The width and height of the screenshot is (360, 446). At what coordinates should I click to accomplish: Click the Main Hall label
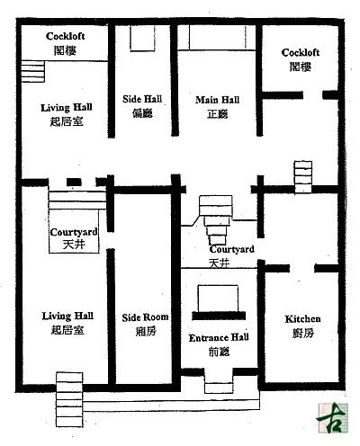pyautogui.click(x=218, y=100)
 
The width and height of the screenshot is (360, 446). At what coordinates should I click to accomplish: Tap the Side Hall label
pyautogui.click(x=142, y=99)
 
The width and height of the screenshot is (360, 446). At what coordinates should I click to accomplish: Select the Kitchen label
pyautogui.click(x=302, y=319)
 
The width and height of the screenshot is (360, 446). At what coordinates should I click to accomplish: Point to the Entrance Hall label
pyautogui.click(x=219, y=338)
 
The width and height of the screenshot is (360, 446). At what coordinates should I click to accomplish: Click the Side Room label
pyautogui.click(x=145, y=317)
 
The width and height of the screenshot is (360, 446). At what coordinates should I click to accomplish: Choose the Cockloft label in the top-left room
pyautogui.click(x=65, y=36)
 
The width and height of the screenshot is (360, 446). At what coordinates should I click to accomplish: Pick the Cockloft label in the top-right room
pyautogui.click(x=301, y=53)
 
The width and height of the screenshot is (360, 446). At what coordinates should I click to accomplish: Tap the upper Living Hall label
pyautogui.click(x=67, y=108)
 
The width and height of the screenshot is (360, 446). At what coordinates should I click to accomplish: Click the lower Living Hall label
pyautogui.click(x=67, y=316)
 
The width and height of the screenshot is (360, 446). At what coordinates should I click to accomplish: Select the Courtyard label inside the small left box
pyautogui.click(x=74, y=232)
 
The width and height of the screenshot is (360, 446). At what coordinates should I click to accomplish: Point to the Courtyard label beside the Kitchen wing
pyautogui.click(x=232, y=249)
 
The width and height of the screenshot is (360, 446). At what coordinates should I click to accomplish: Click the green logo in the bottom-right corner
pyautogui.click(x=332, y=418)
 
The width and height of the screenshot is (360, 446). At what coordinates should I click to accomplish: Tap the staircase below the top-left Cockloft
pyautogui.click(x=32, y=71)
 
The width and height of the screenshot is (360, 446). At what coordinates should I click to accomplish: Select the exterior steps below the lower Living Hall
pyautogui.click(x=69, y=399)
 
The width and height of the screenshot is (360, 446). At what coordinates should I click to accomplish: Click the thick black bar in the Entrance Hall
pyautogui.click(x=219, y=316)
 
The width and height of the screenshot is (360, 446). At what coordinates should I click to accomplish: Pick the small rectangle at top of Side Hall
pyautogui.click(x=142, y=38)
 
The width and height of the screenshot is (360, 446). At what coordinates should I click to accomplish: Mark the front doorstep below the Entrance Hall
pyautogui.click(x=219, y=388)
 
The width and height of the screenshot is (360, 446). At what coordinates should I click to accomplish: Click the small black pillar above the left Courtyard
pyautogui.click(x=74, y=182)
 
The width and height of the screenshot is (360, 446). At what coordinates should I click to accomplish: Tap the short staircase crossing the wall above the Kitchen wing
pyautogui.click(x=303, y=177)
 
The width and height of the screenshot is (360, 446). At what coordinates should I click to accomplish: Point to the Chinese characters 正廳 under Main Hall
pyautogui.click(x=218, y=114)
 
